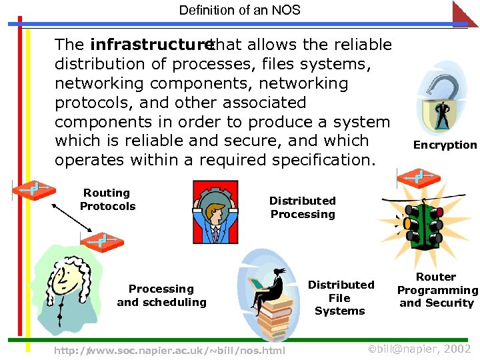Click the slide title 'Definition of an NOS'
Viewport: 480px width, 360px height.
(x=240, y=10)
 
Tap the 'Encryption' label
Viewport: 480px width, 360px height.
(x=445, y=145)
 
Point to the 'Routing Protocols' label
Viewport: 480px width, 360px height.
(x=107, y=199)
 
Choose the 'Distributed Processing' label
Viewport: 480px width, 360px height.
(x=302, y=207)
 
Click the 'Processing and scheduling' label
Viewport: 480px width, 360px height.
(x=161, y=295)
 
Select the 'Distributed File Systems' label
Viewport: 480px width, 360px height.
(x=340, y=297)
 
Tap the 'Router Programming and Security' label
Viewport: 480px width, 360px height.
(x=437, y=289)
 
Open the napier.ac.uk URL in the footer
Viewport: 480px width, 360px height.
(x=169, y=351)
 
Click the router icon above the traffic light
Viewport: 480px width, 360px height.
(x=417, y=177)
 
